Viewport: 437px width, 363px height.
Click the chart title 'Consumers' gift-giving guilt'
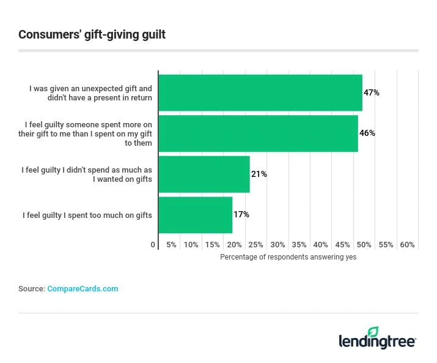click(x=92, y=34)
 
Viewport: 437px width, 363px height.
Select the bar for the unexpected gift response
click(x=260, y=93)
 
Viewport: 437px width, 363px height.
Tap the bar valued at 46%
click(x=258, y=133)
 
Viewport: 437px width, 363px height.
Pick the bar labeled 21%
click(x=204, y=174)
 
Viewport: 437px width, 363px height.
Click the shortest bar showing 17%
click(x=196, y=215)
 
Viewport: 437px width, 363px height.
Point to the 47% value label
click(x=372, y=93)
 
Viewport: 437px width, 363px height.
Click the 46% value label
click(x=367, y=133)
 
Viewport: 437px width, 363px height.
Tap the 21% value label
click(x=259, y=174)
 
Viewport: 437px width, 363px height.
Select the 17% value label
click(x=241, y=215)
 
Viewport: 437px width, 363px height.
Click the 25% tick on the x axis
click(x=256, y=245)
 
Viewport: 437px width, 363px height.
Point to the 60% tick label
click(x=408, y=245)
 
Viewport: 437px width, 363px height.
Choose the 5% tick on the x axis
click(x=172, y=245)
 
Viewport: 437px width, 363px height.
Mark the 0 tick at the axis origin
click(x=153, y=245)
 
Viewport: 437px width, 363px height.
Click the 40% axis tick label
click(x=321, y=245)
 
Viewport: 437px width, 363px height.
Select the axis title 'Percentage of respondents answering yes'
click(x=288, y=257)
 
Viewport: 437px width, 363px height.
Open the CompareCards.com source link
click(x=83, y=289)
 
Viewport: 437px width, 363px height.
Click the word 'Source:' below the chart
click(x=32, y=289)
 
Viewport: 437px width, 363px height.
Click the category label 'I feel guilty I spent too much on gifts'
click(x=87, y=215)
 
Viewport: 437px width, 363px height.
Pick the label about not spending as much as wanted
click(x=87, y=174)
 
